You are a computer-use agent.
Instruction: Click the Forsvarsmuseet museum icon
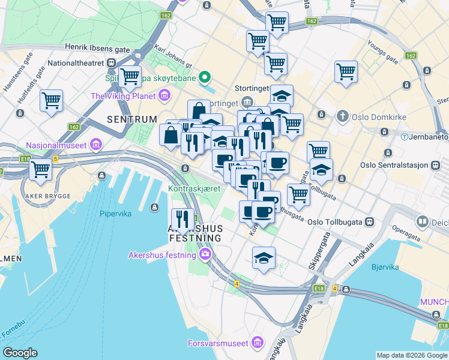[258, 343]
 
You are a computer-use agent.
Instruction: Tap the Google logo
[20, 353]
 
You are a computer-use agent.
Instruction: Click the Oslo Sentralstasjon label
[394, 165]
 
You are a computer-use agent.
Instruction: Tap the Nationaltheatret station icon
[112, 62]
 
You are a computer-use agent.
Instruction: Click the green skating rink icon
[205, 77]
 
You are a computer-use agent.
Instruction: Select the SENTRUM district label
[131, 119]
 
